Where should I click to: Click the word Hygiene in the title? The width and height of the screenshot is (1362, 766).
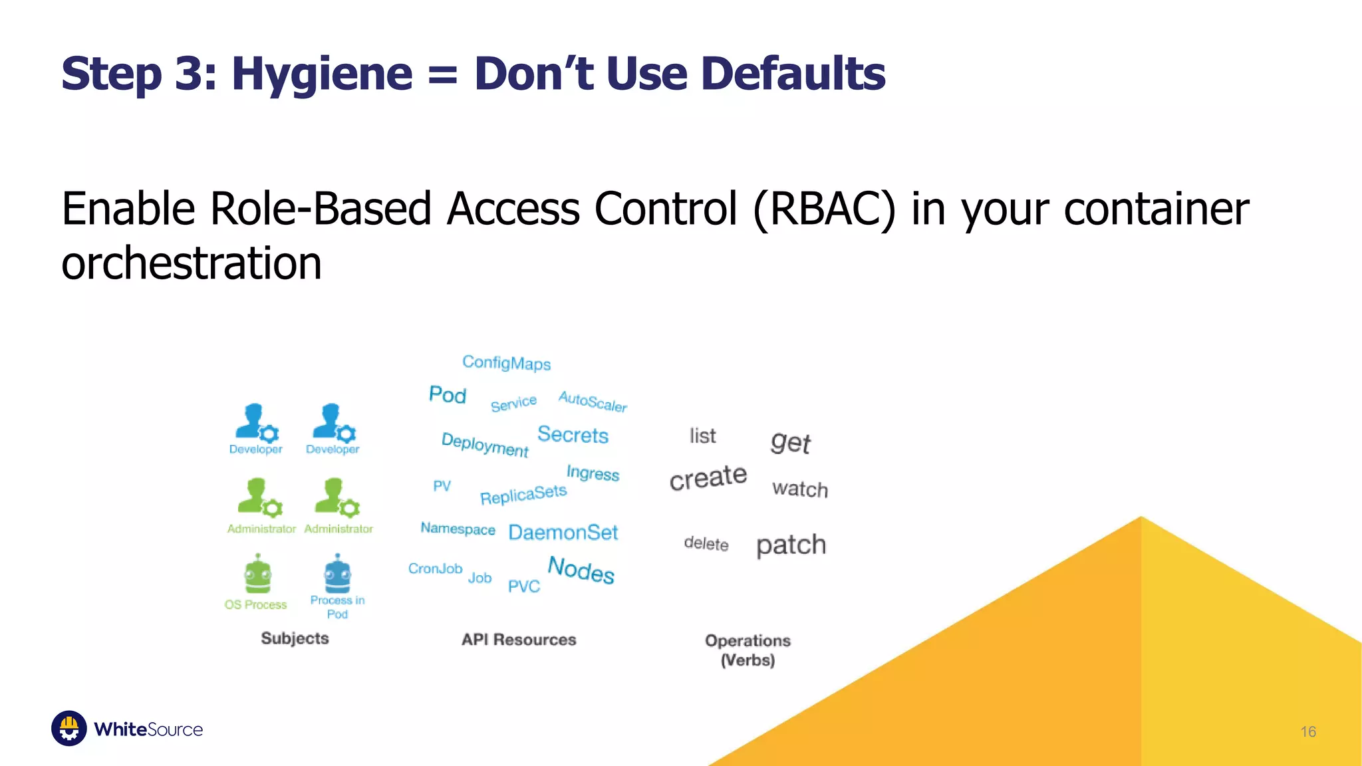pyautogui.click(x=322, y=74)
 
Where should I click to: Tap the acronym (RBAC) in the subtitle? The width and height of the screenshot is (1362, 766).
pyautogui.click(x=824, y=209)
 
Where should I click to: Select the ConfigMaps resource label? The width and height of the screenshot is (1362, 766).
pyautogui.click(x=507, y=363)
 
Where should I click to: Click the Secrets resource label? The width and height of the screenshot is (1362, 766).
pyautogui.click(x=573, y=435)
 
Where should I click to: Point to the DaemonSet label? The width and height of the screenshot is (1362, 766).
pyautogui.click(x=563, y=533)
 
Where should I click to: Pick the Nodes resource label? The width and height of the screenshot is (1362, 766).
pyautogui.click(x=581, y=571)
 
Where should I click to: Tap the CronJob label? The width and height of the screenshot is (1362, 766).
pyautogui.click(x=435, y=569)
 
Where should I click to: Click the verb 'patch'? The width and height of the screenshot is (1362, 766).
pyautogui.click(x=791, y=545)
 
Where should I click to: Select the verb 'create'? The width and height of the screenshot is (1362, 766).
pyautogui.click(x=708, y=477)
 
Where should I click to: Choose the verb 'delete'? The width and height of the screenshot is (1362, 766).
pyautogui.click(x=706, y=544)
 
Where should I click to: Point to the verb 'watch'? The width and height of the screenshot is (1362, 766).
pyautogui.click(x=800, y=489)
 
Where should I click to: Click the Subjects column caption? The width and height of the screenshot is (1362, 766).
pyautogui.click(x=295, y=638)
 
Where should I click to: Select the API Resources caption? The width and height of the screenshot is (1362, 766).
pyautogui.click(x=519, y=640)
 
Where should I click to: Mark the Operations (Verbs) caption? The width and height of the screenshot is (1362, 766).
pyautogui.click(x=748, y=650)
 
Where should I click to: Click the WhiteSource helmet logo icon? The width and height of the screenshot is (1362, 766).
pyautogui.click(x=69, y=729)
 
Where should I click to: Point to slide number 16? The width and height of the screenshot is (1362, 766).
pyautogui.click(x=1307, y=732)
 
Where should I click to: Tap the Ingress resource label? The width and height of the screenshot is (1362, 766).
pyautogui.click(x=593, y=473)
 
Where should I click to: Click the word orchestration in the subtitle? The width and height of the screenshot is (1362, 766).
pyautogui.click(x=192, y=263)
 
